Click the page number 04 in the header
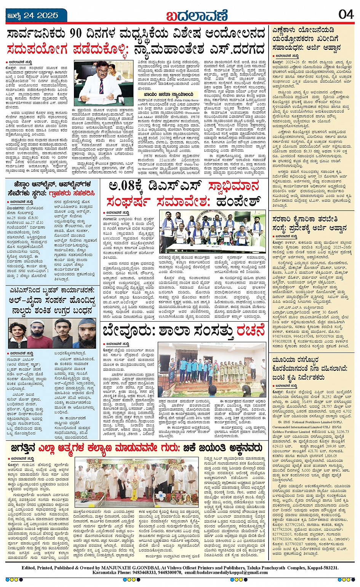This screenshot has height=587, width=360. coord(346,14)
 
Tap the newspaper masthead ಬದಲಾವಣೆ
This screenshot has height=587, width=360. coord(198,16)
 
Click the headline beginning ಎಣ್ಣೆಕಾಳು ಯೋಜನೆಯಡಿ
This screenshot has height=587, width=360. coord(303,30)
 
